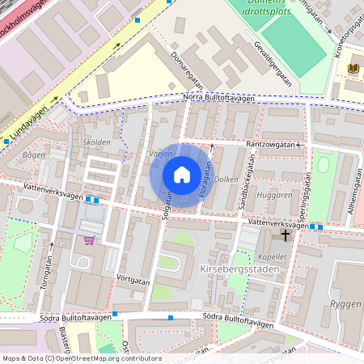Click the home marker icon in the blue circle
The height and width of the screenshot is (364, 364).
(x=182, y=175)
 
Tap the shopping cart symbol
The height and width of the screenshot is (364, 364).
(x=88, y=239)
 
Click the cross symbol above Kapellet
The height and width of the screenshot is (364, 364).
(x=284, y=235)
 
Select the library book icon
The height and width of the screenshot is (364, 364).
(x=352, y=68)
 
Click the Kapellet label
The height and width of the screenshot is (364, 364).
(x=272, y=256)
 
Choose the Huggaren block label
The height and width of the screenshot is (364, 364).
(x=273, y=195)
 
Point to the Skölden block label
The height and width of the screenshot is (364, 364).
(x=96, y=142)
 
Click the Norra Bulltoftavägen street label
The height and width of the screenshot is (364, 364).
(x=218, y=99)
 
